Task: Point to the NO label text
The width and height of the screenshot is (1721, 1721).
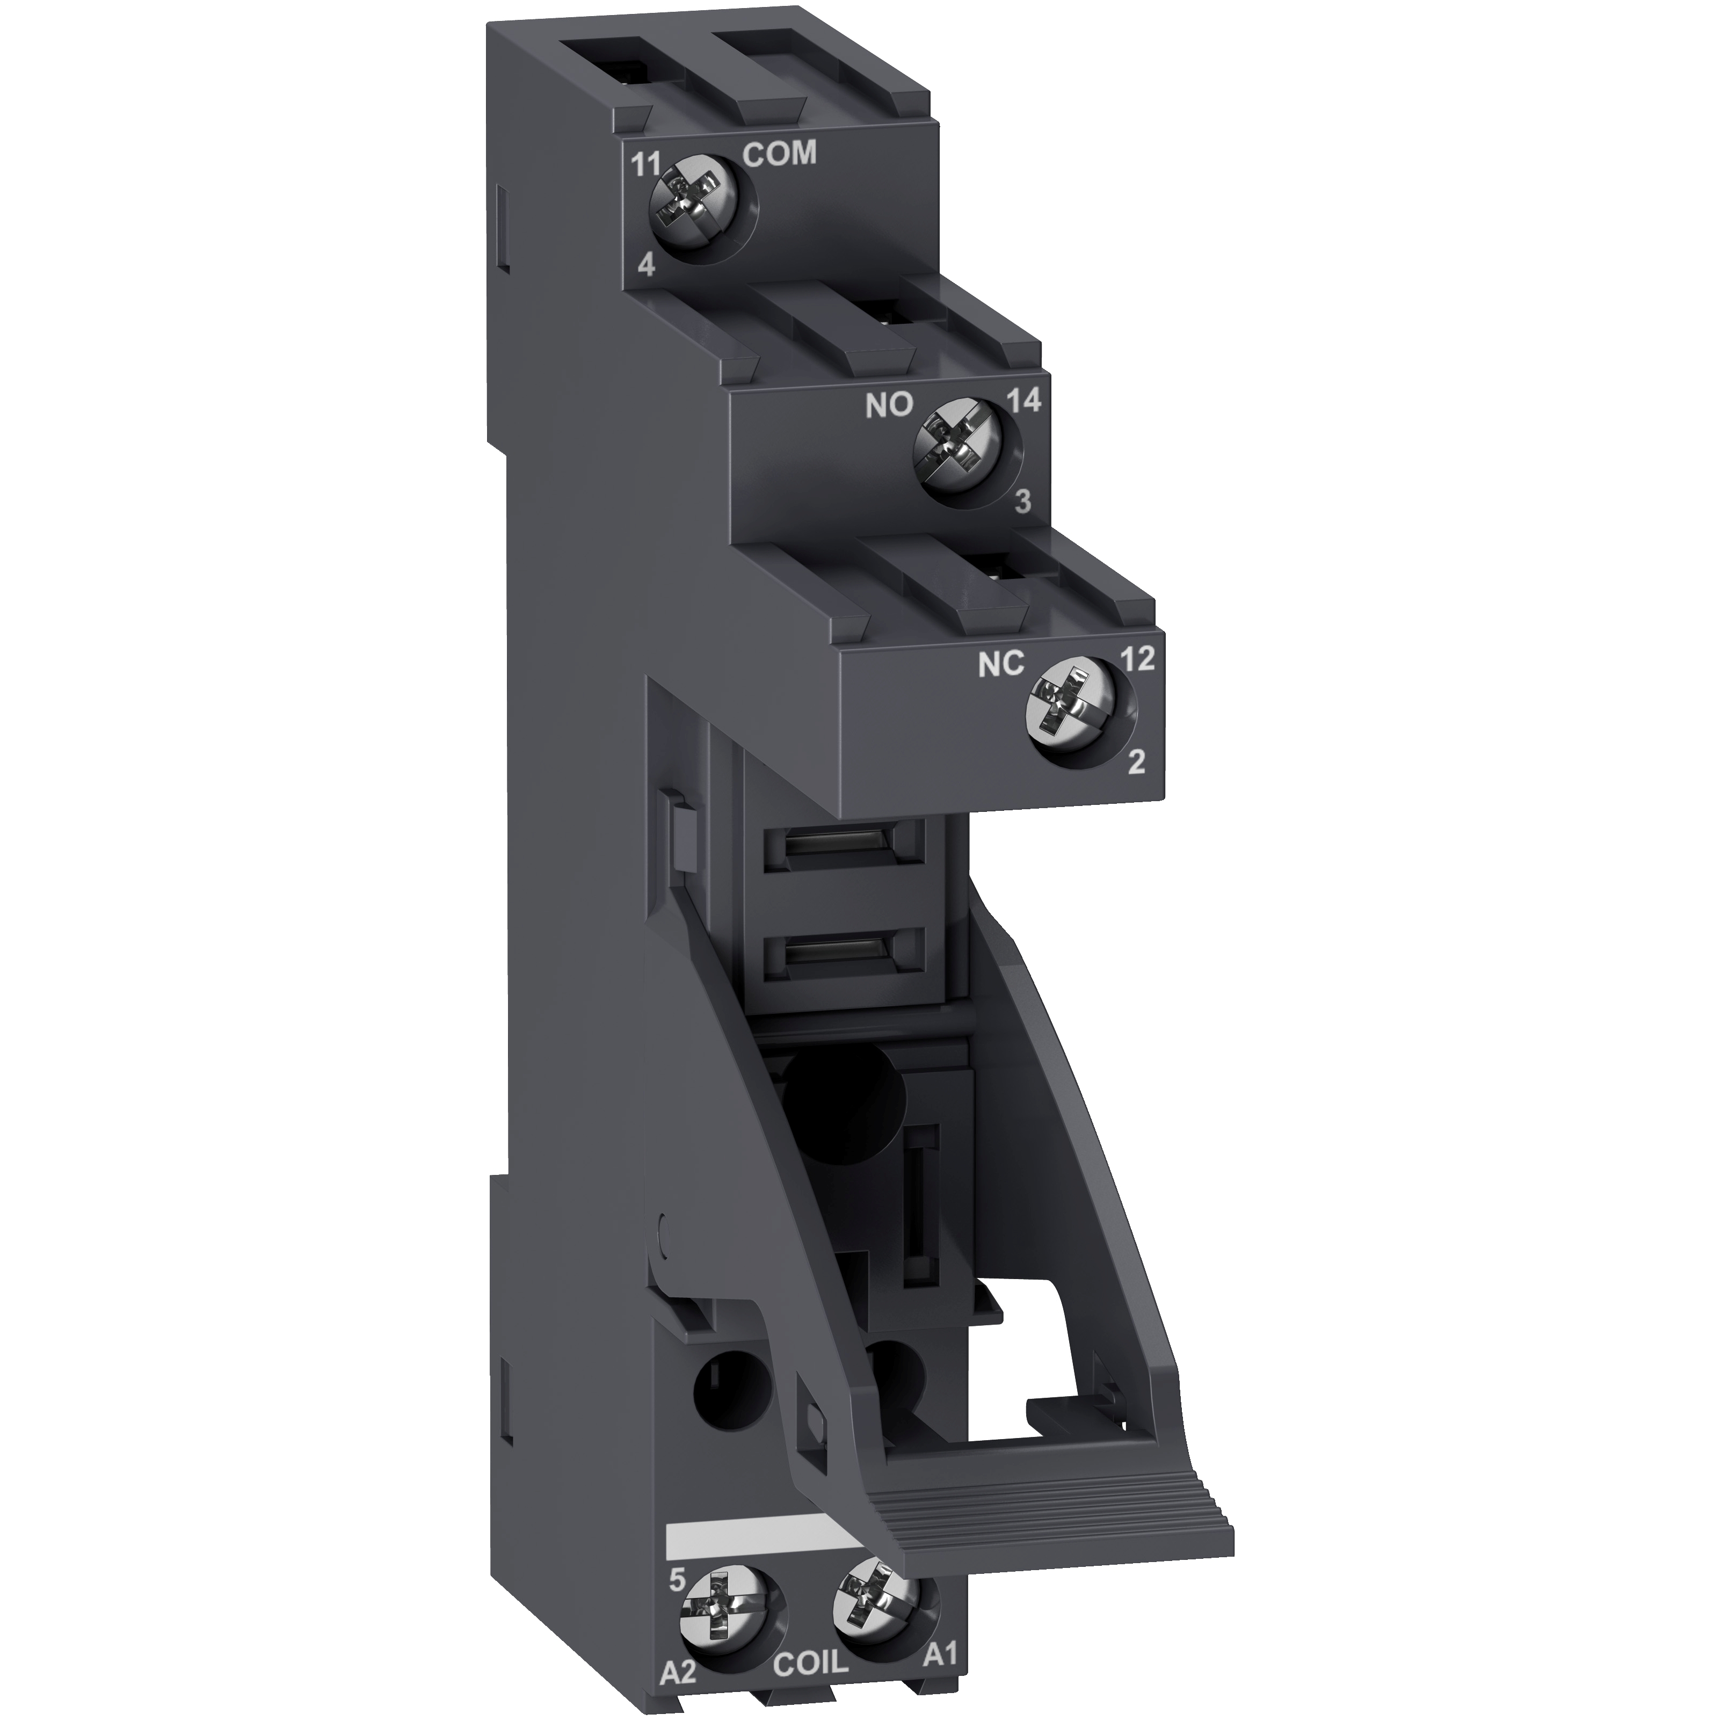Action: tap(889, 406)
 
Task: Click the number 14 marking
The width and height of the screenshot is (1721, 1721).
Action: tap(1023, 402)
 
